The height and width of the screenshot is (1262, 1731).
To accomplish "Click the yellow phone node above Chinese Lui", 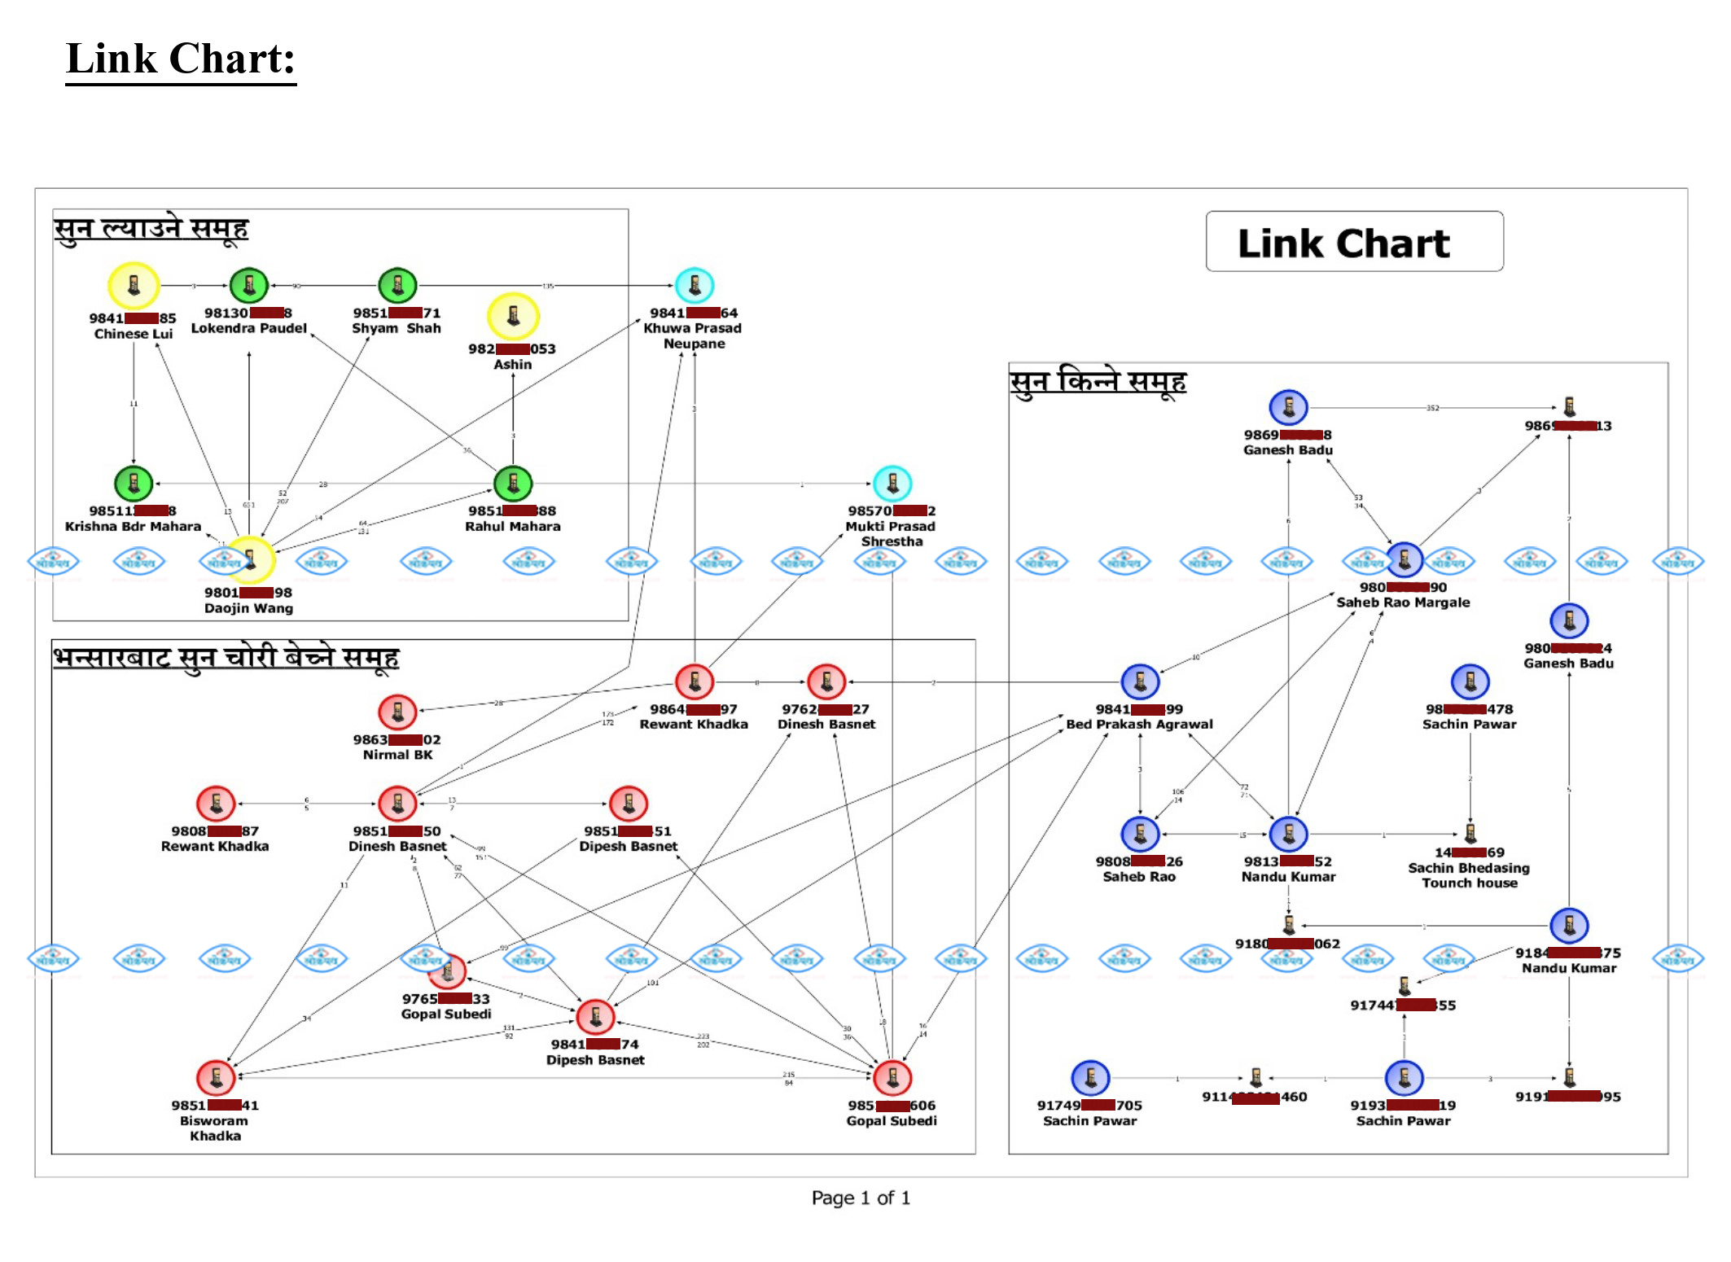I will click(134, 286).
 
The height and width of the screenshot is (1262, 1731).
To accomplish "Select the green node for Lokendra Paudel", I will click(249, 286).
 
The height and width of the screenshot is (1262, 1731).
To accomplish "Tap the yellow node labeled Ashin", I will click(513, 316).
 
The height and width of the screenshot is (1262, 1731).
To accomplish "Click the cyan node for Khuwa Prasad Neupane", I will click(695, 285).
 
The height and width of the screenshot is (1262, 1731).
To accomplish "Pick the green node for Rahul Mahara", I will click(513, 484).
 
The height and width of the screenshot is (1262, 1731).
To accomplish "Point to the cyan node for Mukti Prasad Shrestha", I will click(892, 484).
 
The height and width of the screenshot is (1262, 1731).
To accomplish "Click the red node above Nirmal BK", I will click(397, 712).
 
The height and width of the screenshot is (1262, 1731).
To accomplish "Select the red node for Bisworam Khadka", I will click(216, 1078).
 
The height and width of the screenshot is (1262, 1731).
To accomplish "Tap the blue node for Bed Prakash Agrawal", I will click(1140, 682).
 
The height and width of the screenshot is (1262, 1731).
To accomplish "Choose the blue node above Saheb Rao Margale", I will click(1405, 560).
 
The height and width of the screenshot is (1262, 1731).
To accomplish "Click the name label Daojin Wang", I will click(248, 608).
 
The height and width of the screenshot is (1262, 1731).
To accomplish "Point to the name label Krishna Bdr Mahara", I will click(133, 527).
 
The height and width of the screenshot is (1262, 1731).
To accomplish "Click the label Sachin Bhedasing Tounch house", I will click(1470, 875).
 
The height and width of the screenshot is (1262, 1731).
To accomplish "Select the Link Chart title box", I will click(1354, 242).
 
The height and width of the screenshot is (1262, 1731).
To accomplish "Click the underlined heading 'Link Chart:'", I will click(181, 59).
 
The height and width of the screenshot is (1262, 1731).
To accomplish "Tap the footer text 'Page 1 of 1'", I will click(861, 1198).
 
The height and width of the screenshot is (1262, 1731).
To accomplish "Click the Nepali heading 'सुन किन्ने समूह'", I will click(1098, 381).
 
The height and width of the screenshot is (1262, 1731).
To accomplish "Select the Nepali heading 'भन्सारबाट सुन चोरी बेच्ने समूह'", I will click(226, 657).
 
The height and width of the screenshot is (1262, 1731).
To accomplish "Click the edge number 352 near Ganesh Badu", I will click(1432, 408).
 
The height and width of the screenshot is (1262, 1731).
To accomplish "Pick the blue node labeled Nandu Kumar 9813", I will click(1288, 834).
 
